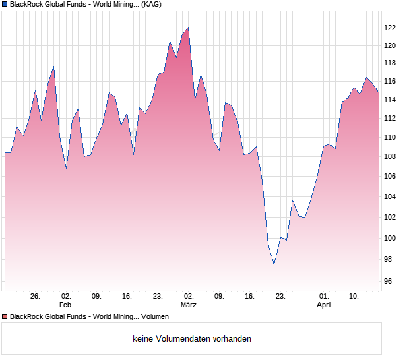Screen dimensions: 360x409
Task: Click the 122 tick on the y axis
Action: (x=391, y=28)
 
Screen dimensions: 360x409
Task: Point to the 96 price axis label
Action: (x=390, y=282)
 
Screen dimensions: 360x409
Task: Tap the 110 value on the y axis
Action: (x=391, y=137)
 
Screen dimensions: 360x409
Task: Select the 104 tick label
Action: (x=391, y=196)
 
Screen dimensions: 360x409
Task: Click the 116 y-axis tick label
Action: (x=391, y=81)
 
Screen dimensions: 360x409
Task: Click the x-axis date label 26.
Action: (x=35, y=297)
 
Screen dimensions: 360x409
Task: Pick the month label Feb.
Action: (x=66, y=305)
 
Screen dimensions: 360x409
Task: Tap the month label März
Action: (x=189, y=305)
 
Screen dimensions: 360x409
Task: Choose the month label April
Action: (x=324, y=305)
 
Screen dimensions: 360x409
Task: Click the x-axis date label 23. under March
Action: (x=280, y=297)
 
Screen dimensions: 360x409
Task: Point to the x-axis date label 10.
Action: (x=354, y=297)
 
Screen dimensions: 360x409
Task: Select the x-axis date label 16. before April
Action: (x=249, y=297)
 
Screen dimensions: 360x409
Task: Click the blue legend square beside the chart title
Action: (x=5, y=5)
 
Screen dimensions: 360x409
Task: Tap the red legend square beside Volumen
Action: (x=5, y=317)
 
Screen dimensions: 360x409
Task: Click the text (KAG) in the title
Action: (x=152, y=5)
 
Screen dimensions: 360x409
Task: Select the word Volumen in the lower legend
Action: (x=154, y=317)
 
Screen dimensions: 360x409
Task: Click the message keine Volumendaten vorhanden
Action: (x=192, y=339)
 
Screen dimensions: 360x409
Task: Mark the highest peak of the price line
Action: (x=188, y=28)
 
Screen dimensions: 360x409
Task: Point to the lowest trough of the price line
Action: (x=274, y=264)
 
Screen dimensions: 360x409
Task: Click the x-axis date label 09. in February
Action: (x=96, y=297)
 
